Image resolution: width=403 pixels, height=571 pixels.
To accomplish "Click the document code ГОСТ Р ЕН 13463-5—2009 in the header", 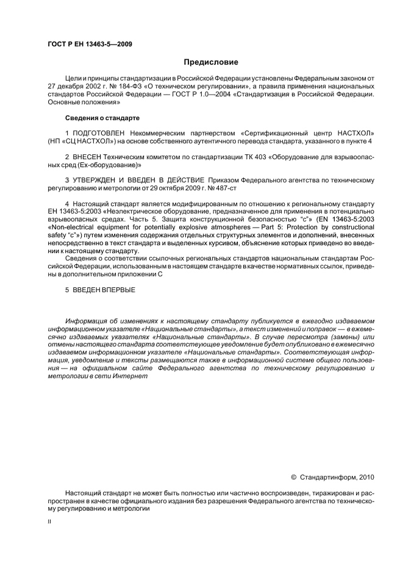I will coord(90,44).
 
